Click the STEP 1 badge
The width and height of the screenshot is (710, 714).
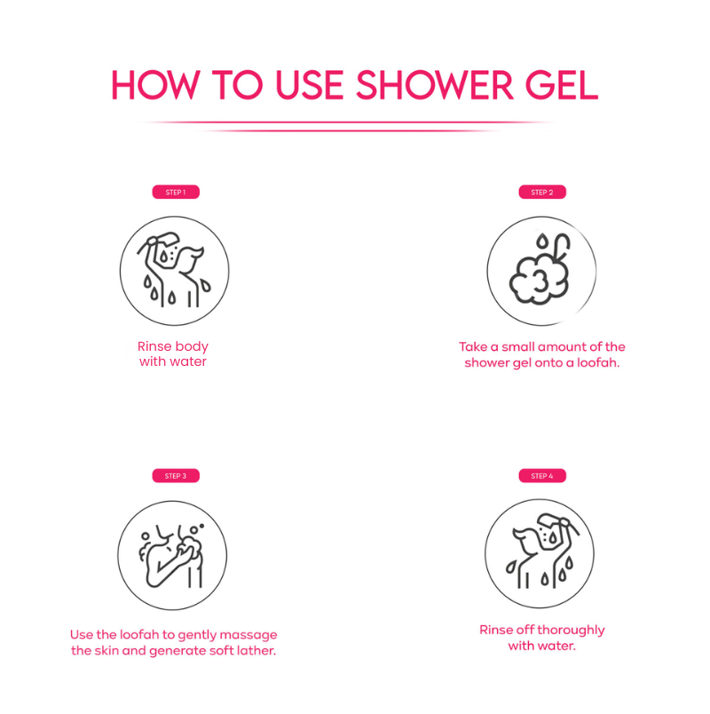(x=176, y=192)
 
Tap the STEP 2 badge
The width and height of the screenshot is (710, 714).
(x=542, y=192)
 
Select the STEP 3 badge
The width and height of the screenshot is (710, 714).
(x=176, y=475)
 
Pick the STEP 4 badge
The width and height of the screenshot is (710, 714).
(x=542, y=475)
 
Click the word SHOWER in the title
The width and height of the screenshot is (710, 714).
(x=435, y=84)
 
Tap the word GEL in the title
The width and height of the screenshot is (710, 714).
(x=562, y=84)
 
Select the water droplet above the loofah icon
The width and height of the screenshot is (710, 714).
(x=541, y=241)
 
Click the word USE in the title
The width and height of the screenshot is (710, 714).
(x=310, y=84)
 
